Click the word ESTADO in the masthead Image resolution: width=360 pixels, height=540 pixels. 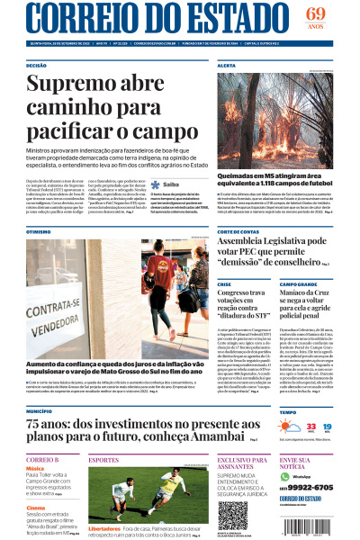tap(229, 19)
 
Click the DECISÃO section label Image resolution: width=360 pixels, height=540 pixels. tap(37, 66)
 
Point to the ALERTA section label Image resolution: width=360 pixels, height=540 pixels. tap(227, 66)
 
